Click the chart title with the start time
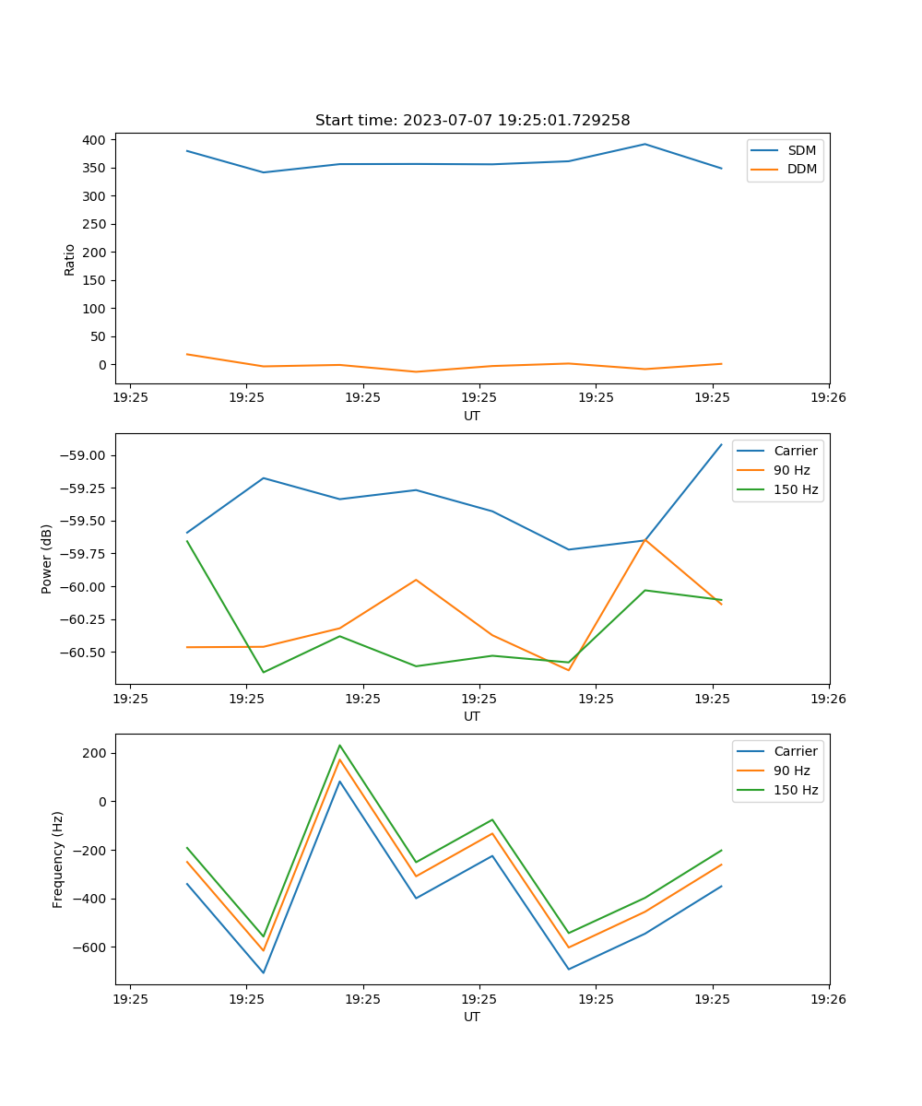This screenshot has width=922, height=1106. point(472,120)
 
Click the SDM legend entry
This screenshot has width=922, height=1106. point(801,150)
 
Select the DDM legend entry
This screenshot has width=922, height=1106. point(801,169)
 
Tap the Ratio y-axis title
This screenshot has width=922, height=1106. point(70,259)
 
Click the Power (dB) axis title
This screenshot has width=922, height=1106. point(47,559)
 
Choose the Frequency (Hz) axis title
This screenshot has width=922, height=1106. point(58,859)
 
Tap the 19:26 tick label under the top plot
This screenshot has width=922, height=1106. point(829,398)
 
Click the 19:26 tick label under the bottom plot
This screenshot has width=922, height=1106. point(829,999)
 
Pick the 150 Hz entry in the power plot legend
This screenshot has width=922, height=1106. point(796,489)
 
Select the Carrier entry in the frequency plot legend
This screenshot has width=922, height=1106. point(795,751)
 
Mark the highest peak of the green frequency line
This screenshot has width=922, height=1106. point(339,745)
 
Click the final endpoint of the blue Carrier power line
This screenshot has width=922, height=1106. point(722,444)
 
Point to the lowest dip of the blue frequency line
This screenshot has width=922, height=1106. point(264,972)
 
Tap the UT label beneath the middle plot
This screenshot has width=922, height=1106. point(472,716)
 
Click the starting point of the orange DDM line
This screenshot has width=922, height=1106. point(187,354)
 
